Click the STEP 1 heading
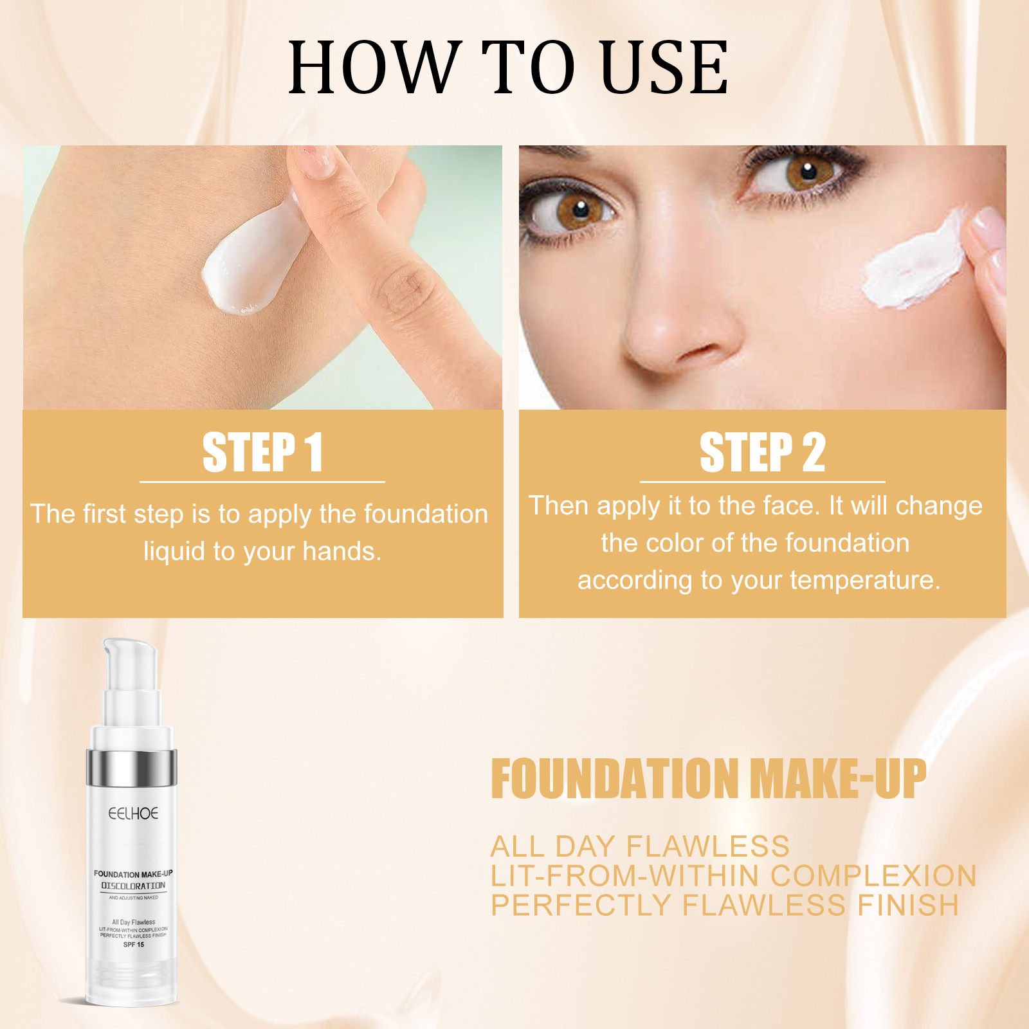[262, 452]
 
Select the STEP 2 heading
[762, 452]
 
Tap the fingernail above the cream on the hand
[315, 159]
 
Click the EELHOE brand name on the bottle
[133, 814]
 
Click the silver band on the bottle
[132, 768]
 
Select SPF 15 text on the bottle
[133, 945]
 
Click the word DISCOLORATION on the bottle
[133, 886]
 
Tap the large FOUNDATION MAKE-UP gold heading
[707, 779]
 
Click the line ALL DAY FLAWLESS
[640, 846]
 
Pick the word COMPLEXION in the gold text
[873, 876]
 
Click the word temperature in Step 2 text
[864, 580]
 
